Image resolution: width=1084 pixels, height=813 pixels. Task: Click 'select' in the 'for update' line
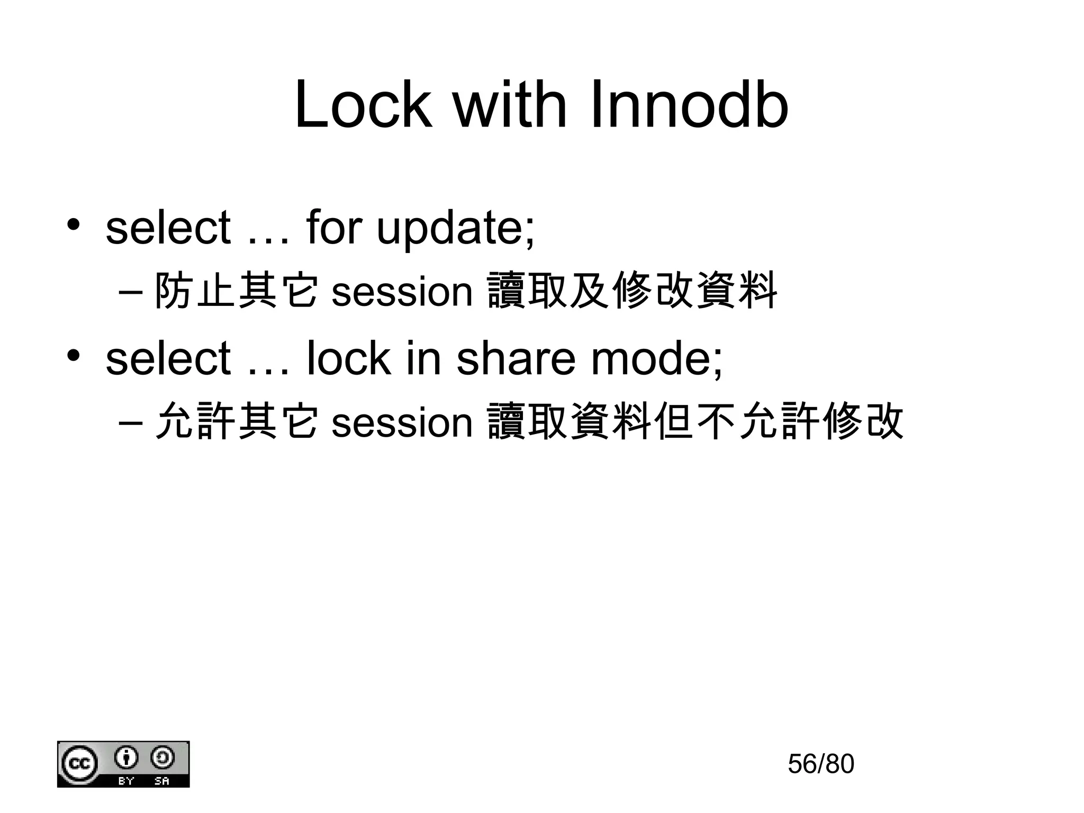[168, 228]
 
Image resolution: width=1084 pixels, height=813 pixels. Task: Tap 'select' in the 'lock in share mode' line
[168, 358]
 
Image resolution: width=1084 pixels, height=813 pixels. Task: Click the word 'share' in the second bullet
[516, 358]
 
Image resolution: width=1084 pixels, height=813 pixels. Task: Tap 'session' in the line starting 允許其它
[402, 422]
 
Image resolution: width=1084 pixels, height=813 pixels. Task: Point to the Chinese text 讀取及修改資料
[632, 291]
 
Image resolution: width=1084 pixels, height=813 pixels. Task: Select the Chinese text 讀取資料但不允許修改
[695, 421]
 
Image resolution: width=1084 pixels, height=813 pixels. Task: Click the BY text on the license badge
[126, 781]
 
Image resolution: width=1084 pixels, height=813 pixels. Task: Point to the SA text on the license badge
[161, 781]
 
